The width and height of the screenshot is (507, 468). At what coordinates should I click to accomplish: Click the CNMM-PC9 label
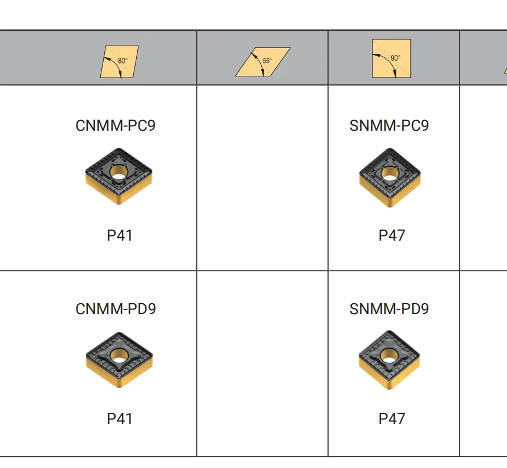(x=115, y=126)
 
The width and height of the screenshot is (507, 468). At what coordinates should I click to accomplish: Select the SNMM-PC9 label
(x=389, y=126)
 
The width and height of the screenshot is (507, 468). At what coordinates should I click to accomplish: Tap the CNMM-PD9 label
(x=115, y=309)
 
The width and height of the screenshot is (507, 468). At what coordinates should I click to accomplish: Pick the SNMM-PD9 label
(x=389, y=309)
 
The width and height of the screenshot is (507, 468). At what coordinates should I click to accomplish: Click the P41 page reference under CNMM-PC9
(x=120, y=235)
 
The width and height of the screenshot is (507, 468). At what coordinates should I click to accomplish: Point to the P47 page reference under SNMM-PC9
(x=392, y=235)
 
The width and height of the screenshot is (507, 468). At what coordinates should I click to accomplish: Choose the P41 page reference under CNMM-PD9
(x=120, y=419)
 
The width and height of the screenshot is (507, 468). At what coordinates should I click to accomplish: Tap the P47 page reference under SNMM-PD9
(x=392, y=419)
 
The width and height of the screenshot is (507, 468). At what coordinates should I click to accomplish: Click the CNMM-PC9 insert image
(x=119, y=176)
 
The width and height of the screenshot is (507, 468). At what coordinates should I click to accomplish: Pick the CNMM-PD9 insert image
(x=119, y=359)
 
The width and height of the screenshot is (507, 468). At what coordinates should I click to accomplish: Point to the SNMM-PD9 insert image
(x=390, y=359)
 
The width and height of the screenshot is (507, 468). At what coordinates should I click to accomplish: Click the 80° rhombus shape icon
(x=119, y=61)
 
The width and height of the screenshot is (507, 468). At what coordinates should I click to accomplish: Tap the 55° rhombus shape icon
(x=262, y=61)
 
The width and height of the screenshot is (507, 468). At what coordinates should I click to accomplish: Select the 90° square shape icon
(x=391, y=58)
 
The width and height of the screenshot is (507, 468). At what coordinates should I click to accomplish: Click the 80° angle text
(x=122, y=61)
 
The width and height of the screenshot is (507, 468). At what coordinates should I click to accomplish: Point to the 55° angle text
(x=267, y=61)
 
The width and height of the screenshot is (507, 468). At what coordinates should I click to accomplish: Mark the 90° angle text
(x=395, y=58)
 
